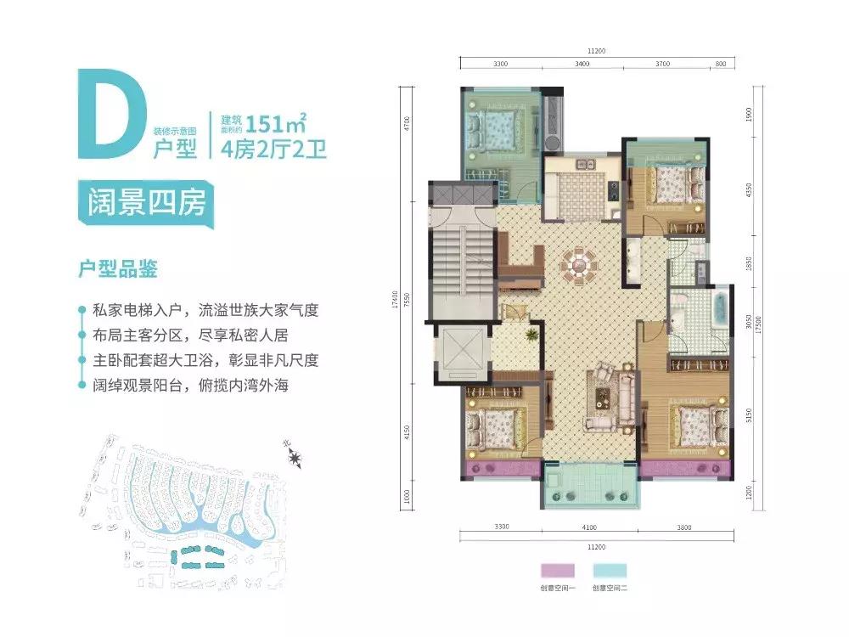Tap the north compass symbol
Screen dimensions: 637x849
click(x=296, y=459)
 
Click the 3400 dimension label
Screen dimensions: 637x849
click(x=582, y=64)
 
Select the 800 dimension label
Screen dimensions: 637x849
click(x=721, y=64)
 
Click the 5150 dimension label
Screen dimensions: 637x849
click(x=748, y=416)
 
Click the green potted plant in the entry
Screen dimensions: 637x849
click(x=531, y=336)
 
